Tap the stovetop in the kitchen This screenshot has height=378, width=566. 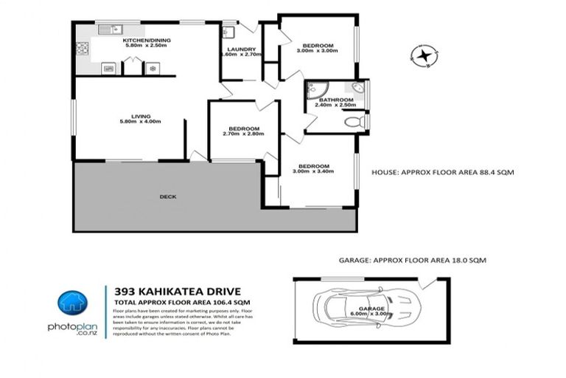click(82, 50)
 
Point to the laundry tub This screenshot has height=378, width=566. click(228, 32)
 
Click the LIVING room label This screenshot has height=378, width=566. click(141, 116)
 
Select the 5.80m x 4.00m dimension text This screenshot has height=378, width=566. click(141, 122)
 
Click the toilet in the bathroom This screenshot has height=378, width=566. click(354, 120)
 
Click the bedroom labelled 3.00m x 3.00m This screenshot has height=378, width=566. click(317, 47)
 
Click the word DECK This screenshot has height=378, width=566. click(167, 196)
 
